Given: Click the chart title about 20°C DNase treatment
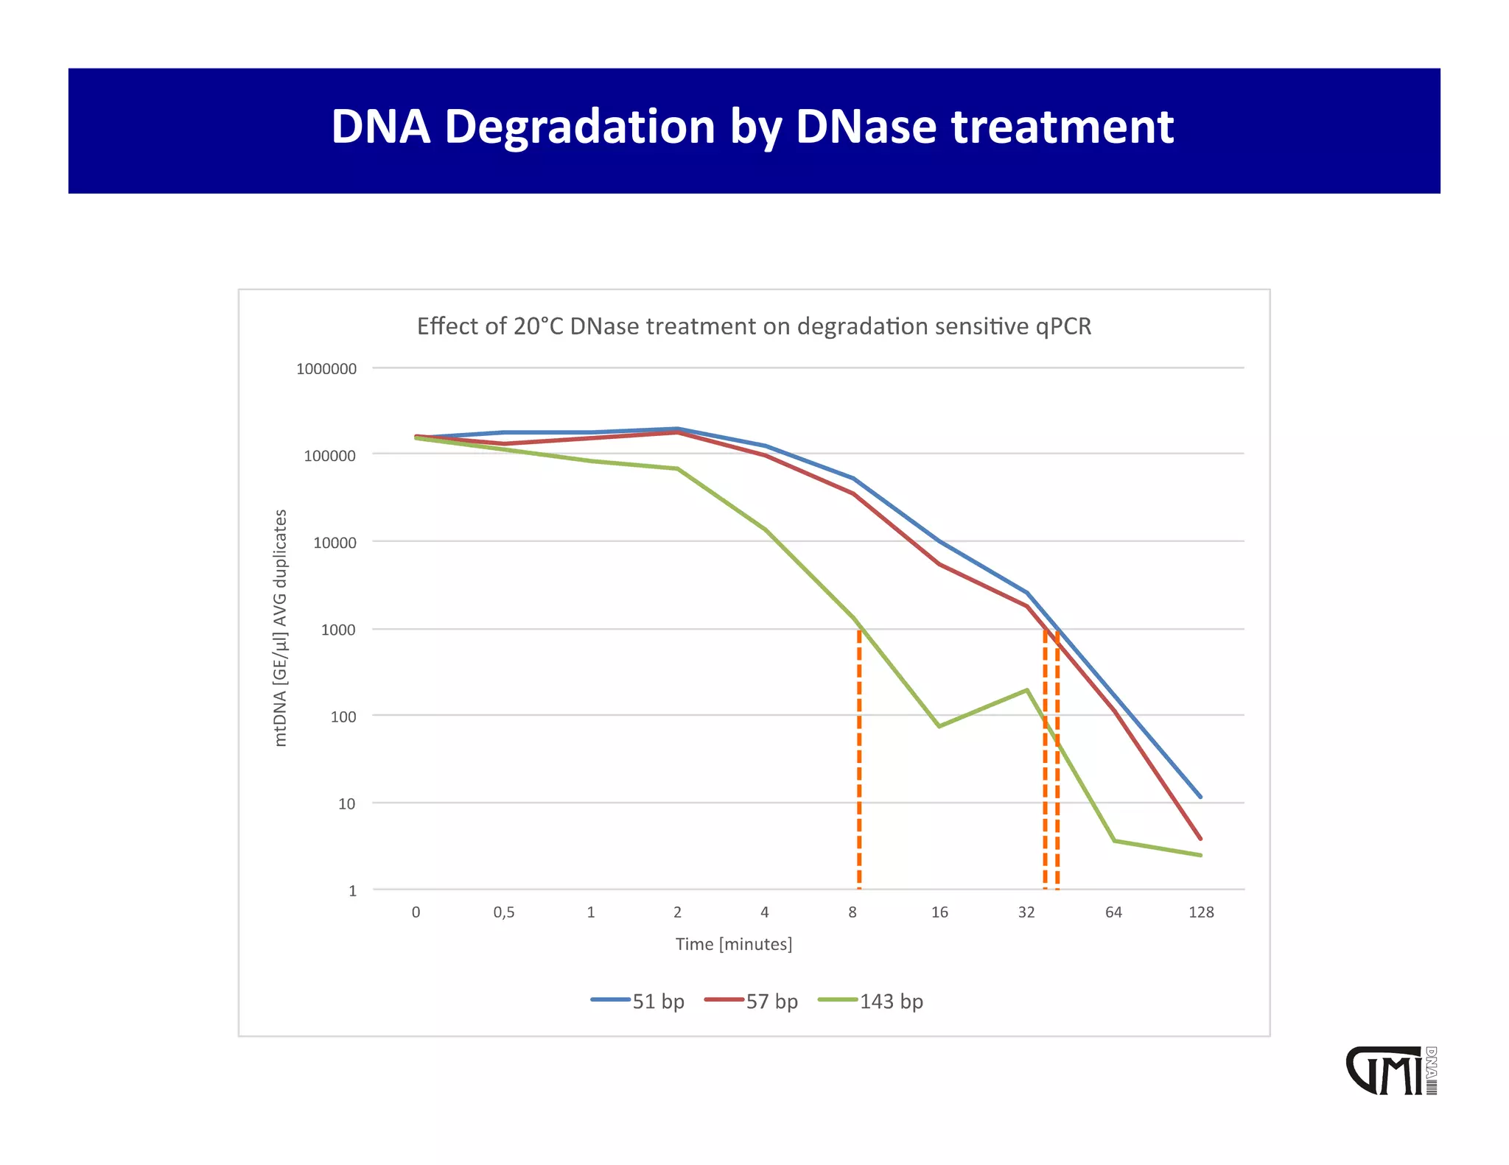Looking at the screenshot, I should click(754, 326).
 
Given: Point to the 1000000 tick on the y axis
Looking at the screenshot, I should click(326, 369).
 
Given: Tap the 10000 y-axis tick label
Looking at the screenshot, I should click(335, 543).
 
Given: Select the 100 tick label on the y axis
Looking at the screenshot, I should click(343, 717).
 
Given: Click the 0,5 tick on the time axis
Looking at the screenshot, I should click(504, 912).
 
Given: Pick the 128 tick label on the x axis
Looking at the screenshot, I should click(1200, 912).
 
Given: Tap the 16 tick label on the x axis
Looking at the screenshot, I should click(939, 912).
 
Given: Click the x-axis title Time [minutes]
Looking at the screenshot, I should click(734, 944).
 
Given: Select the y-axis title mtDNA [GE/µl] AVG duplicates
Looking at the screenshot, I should click(280, 627).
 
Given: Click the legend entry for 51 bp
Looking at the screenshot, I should click(638, 1002).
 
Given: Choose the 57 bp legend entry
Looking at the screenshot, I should click(752, 1002).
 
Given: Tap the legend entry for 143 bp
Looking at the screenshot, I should click(871, 1002).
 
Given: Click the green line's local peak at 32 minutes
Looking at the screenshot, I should click(1026, 690).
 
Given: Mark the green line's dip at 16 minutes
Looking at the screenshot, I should click(939, 726).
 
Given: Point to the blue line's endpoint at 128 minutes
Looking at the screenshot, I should click(1200, 797).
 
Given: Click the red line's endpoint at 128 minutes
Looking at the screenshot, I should click(1200, 839).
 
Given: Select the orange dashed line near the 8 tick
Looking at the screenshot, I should click(859, 759).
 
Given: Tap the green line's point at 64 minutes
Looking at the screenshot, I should click(1114, 840).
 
